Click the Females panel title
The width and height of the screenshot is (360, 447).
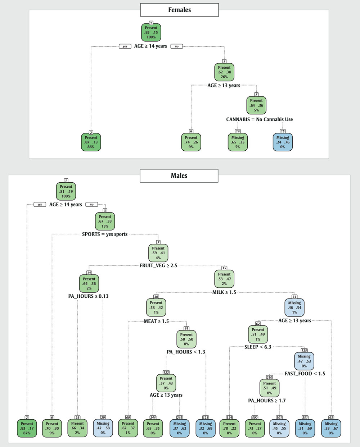click(179, 10)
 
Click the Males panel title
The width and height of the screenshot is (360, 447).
click(179, 176)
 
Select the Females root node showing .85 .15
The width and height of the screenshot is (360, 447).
click(151, 33)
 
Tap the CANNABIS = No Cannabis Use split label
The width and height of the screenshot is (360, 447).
click(259, 119)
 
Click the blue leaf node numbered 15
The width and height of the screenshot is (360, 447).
click(283, 142)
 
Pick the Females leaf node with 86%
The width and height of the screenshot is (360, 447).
click(91, 142)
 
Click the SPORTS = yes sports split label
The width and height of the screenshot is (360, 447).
click(105, 234)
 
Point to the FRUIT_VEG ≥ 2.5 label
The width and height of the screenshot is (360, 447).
click(158, 266)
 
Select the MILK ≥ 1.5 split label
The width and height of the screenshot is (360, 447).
click(224, 292)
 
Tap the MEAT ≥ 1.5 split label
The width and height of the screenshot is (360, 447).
click(156, 321)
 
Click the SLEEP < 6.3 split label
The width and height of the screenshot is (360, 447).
click(258, 347)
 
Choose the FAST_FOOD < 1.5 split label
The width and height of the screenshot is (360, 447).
click(305, 374)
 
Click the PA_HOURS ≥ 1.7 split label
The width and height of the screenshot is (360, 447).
click(267, 401)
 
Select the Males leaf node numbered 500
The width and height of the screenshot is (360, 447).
click(255, 428)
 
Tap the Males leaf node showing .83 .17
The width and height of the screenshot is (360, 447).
click(27, 428)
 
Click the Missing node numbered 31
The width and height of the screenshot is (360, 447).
click(294, 307)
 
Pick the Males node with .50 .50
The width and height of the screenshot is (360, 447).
click(186, 339)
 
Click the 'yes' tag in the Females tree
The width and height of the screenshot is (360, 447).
click(125, 46)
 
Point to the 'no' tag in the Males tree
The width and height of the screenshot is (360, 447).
click(91, 205)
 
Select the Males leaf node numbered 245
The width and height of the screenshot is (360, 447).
click(179, 428)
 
